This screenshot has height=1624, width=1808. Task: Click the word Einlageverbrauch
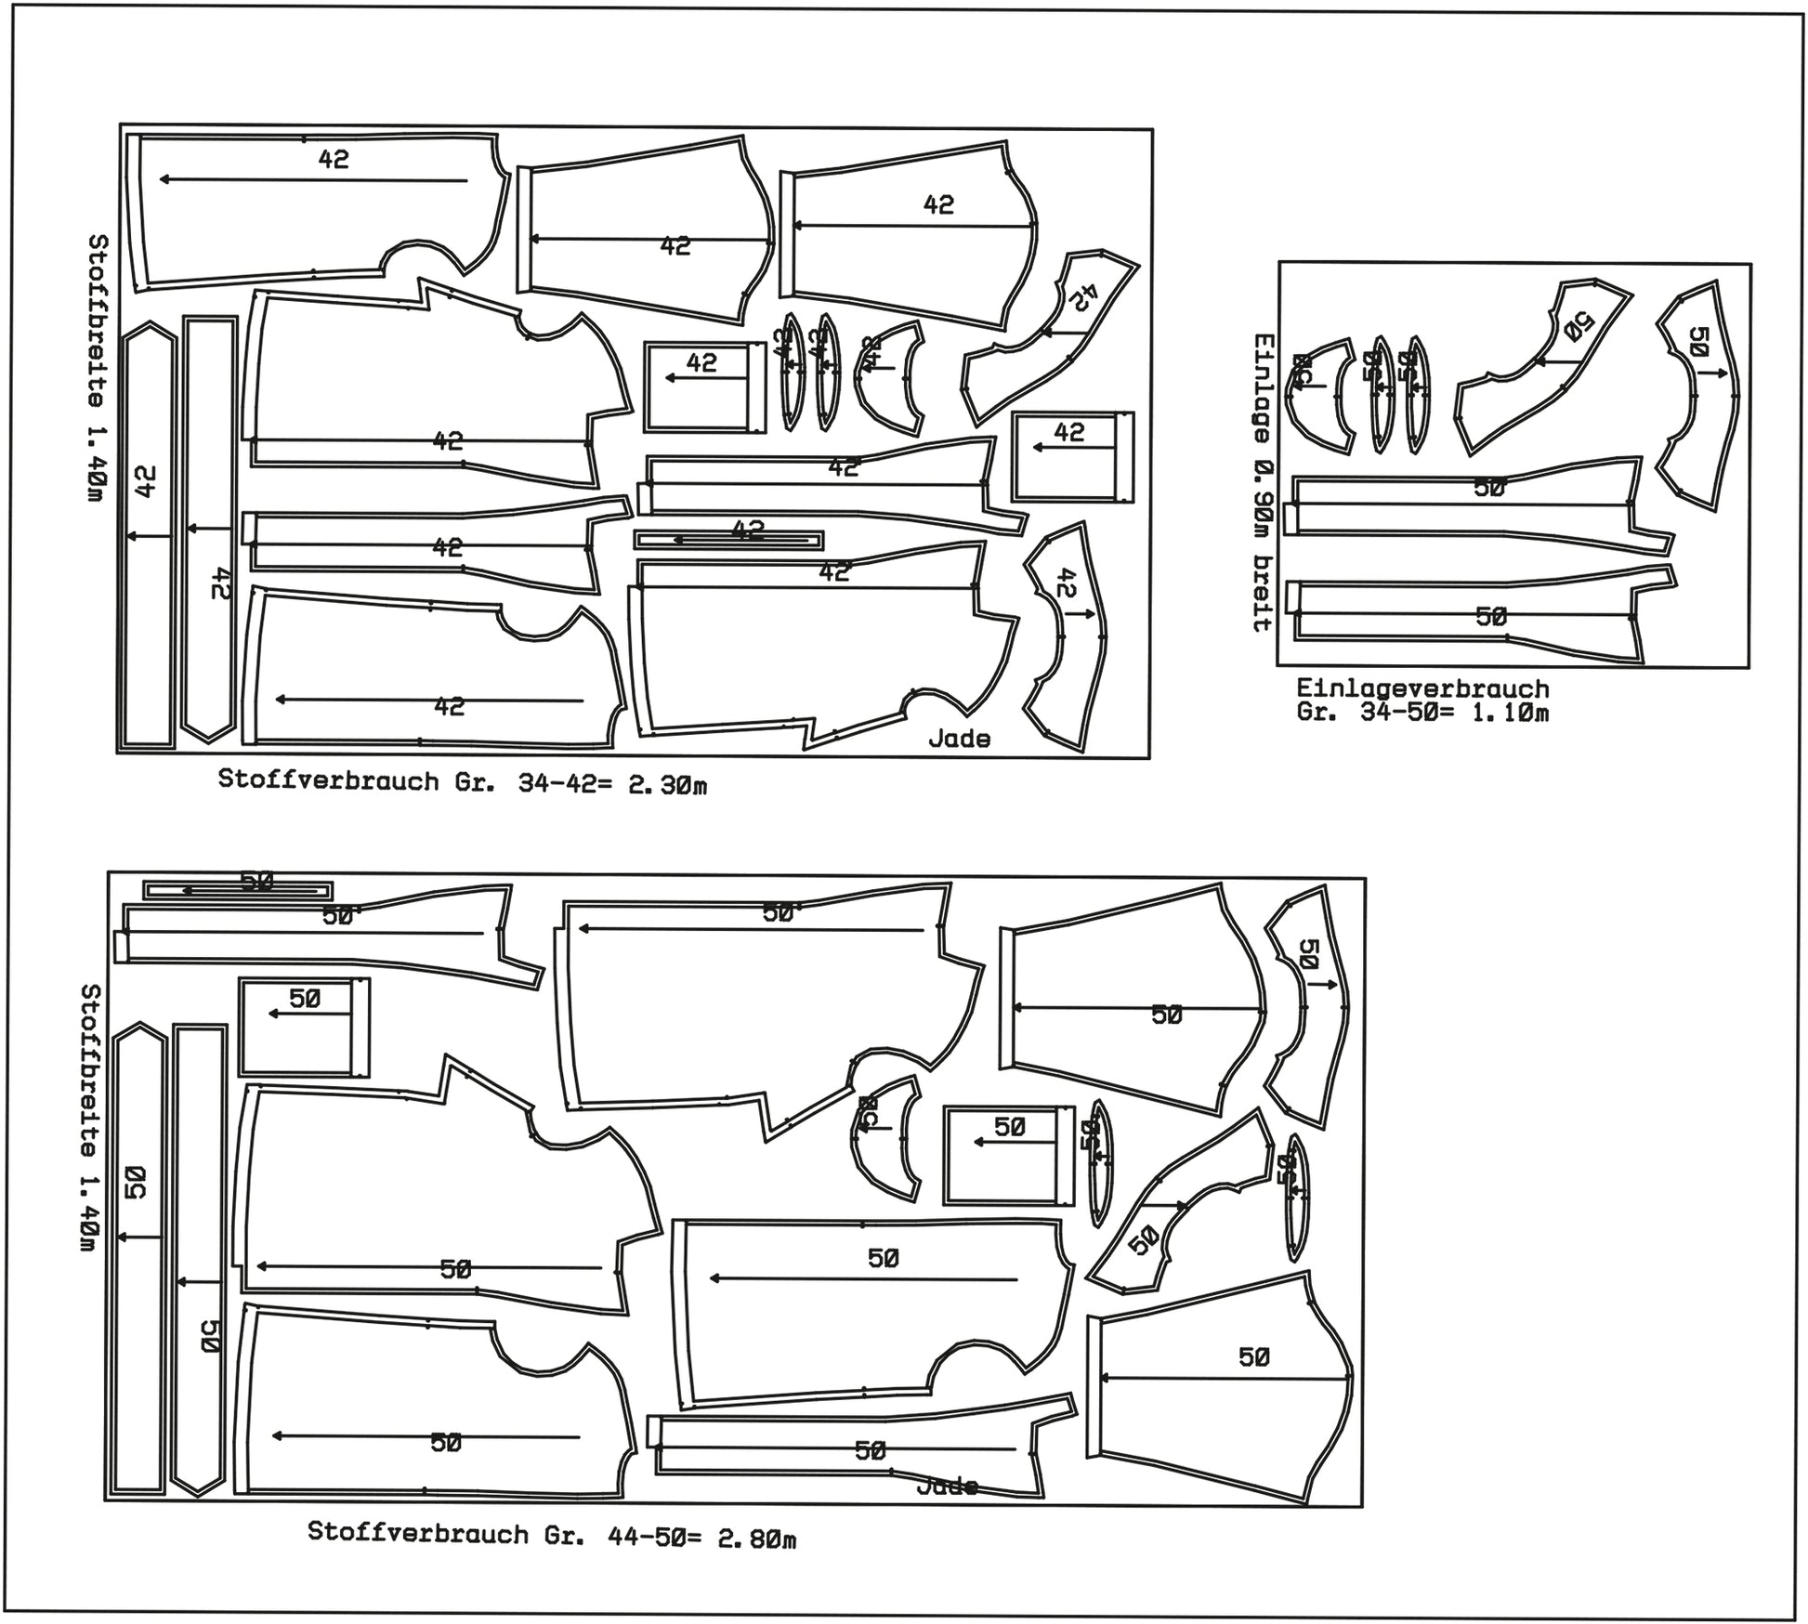click(x=1422, y=688)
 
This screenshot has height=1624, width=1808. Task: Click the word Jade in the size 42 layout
click(x=959, y=739)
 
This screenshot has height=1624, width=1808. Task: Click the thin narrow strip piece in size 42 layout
click(x=728, y=540)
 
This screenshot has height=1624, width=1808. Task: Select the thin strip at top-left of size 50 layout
click(x=238, y=890)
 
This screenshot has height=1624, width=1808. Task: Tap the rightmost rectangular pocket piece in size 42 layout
click(x=1072, y=457)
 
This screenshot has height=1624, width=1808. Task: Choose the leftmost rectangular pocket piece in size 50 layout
click(x=304, y=1027)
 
